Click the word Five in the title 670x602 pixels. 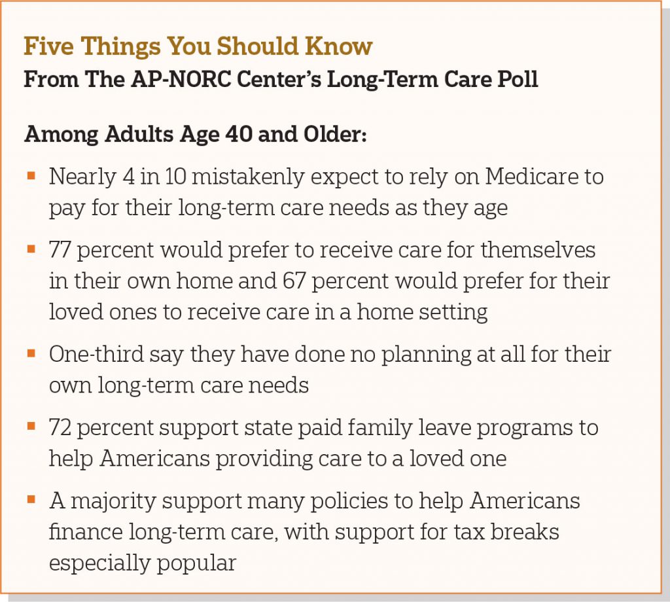[48, 46]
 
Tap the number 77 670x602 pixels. [60, 250]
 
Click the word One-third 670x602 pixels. [96, 354]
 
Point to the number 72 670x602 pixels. [60, 428]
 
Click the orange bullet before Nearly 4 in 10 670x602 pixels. [31, 175]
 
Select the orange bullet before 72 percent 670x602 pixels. [31, 426]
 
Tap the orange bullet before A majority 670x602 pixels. [31, 499]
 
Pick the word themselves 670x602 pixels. [538, 250]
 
